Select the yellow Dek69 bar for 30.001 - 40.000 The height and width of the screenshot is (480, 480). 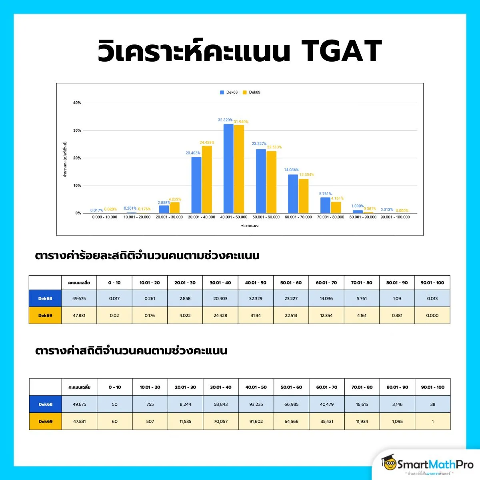[x=207, y=180]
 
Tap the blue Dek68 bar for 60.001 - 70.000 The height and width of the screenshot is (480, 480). [x=293, y=194]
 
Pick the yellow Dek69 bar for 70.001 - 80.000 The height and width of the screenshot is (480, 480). [x=336, y=208]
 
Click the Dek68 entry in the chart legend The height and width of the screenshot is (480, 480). [x=229, y=92]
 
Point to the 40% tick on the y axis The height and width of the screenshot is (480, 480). [x=77, y=103]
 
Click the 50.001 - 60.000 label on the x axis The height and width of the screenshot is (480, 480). [x=266, y=217]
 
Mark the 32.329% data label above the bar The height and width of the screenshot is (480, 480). [x=225, y=120]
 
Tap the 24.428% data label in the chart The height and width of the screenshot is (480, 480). [x=207, y=142]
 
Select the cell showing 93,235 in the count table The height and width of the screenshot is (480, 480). [x=256, y=404]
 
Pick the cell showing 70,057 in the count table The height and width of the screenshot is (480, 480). [x=221, y=422]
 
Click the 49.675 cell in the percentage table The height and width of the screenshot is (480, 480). [x=79, y=298]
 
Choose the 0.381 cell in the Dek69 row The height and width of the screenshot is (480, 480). [x=397, y=316]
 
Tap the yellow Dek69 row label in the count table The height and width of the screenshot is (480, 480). [x=46, y=422]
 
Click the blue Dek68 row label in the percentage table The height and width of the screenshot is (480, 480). [x=45, y=298]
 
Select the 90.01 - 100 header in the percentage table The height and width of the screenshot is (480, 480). [x=432, y=283]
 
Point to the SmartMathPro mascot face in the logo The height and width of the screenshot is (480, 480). [x=388, y=464]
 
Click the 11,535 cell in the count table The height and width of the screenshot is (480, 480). [x=186, y=422]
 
